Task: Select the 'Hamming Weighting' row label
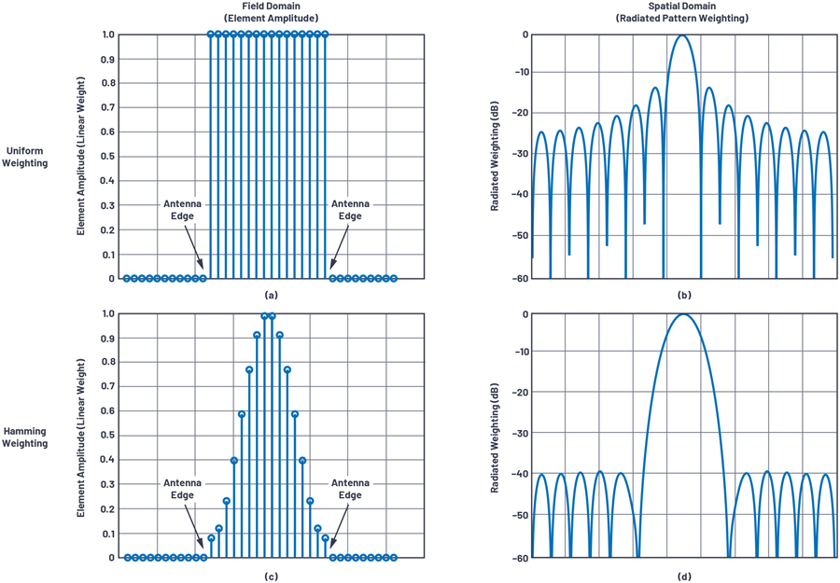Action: pos(26,437)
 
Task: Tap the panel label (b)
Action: pos(683,296)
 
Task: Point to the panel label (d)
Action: pos(683,576)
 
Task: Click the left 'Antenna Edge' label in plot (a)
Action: pos(182,210)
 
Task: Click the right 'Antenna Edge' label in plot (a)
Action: pos(350,210)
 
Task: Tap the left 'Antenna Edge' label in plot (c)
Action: pos(182,489)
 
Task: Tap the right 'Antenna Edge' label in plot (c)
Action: pos(350,489)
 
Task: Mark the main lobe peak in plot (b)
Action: pos(682,35)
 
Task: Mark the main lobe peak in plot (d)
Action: pos(682,314)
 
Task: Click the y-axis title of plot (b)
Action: pos(496,156)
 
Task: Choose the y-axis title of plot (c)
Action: pos(82,436)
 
